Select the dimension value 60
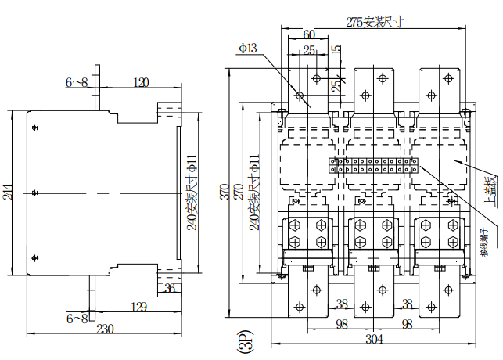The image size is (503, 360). [309, 35]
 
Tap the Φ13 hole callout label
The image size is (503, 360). [248, 49]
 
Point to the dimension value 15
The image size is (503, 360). [336, 50]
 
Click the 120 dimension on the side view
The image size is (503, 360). [141, 82]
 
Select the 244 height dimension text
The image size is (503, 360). [9, 192]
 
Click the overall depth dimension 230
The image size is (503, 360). [103, 329]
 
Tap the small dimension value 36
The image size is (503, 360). [170, 290]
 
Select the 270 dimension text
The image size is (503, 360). [238, 192]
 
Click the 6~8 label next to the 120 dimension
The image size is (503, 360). [77, 82]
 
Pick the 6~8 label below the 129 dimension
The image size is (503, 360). [77, 319]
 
